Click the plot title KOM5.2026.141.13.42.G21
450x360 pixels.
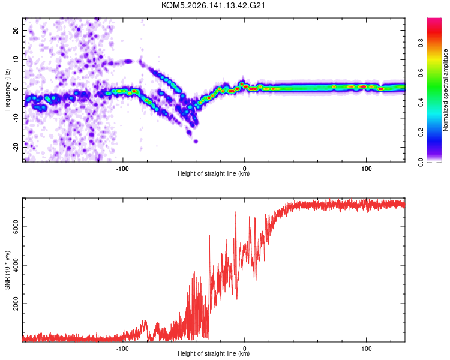point(213,5)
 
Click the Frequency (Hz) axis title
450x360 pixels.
point(7,90)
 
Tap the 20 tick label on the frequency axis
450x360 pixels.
point(16,31)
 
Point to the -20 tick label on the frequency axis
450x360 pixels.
point(16,147)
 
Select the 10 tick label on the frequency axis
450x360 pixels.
point(16,59)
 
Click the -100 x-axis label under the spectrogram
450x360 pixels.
point(122,169)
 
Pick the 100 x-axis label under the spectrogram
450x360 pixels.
point(366,169)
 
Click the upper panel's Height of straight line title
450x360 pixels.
point(214,173)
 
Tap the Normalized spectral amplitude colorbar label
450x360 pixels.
point(445,90)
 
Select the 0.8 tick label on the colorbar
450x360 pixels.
point(421,43)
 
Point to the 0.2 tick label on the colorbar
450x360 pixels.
point(421,133)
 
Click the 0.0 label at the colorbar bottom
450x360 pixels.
point(421,162)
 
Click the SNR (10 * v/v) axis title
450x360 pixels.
point(7,270)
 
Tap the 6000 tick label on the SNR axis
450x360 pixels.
point(16,227)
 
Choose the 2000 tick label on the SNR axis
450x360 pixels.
point(16,304)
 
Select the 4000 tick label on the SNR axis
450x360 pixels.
point(16,265)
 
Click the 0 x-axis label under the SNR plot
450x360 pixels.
point(245,349)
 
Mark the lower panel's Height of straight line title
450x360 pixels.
point(214,353)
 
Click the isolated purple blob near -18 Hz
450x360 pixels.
point(196,141)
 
